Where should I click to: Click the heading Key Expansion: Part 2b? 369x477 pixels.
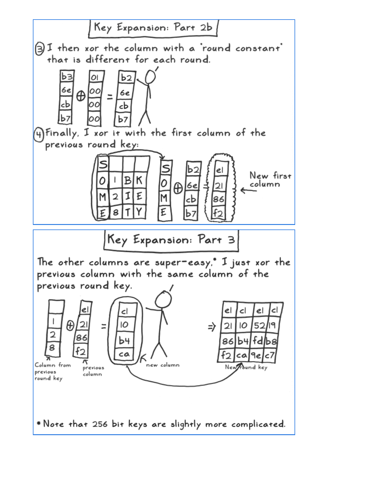point(153,28)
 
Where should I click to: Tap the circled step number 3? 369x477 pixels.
point(39,49)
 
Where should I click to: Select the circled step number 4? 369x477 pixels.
point(39,134)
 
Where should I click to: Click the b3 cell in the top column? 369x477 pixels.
point(67,77)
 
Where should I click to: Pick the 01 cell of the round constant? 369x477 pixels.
point(95,77)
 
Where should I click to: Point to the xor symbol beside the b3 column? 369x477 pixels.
point(80,96)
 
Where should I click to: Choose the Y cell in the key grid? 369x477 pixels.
point(139,212)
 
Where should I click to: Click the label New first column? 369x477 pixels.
point(270,179)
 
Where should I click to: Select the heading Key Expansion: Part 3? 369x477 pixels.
point(171,240)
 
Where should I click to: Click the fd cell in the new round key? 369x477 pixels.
point(258,341)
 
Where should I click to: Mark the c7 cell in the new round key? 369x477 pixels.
point(270,355)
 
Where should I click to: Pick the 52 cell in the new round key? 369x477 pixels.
point(259,326)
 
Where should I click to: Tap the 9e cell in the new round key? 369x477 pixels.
point(256,355)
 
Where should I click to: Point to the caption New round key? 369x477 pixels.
point(246,367)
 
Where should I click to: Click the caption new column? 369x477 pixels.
point(162,365)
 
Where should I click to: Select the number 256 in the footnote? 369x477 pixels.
point(100,424)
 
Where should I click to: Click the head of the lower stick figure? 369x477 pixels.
point(163,300)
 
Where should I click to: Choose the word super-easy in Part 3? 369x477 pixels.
point(183,263)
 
